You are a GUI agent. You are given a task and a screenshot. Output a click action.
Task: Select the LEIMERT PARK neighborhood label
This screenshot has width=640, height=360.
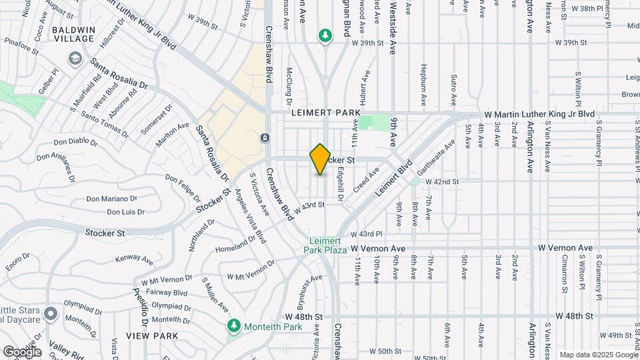(322, 114)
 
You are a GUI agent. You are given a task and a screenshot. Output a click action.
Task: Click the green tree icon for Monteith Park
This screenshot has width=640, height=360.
(233, 326)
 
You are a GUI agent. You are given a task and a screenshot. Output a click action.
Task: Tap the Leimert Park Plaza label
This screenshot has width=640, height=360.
(327, 245)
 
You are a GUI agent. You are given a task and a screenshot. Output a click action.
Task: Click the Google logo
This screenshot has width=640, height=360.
(22, 351)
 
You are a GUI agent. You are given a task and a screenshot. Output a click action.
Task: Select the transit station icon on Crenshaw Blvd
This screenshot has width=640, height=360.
(265, 138)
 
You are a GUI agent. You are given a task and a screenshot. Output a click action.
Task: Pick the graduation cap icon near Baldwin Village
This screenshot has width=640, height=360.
(73, 59)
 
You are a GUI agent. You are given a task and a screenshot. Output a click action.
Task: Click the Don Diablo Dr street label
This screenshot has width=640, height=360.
(76, 141)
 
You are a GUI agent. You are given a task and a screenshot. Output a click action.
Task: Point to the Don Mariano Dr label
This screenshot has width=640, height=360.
(111, 198)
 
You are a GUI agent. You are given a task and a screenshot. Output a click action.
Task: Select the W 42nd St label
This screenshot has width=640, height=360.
(440, 181)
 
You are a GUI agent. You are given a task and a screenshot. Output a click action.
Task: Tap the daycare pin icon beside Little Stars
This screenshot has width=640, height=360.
(51, 313)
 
